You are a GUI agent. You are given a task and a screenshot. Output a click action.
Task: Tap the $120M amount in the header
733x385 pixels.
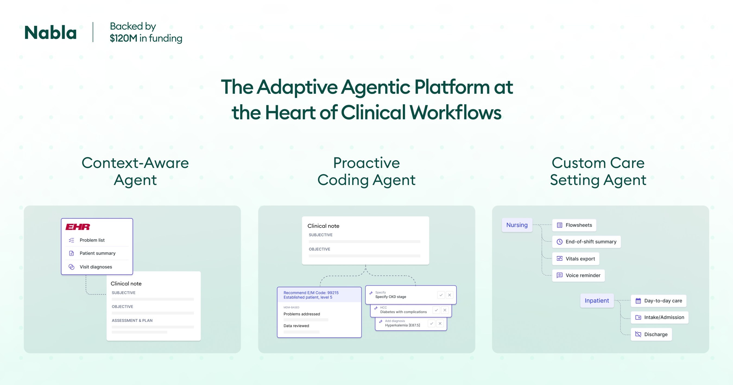click(x=124, y=38)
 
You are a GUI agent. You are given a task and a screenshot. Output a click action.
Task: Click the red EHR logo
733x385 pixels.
click(x=78, y=227)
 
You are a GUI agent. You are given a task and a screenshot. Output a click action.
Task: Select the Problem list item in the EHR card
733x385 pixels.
click(x=92, y=240)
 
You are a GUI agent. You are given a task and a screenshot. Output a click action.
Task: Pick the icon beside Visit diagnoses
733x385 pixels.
click(x=71, y=267)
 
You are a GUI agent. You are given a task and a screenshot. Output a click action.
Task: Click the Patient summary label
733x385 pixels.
click(x=97, y=253)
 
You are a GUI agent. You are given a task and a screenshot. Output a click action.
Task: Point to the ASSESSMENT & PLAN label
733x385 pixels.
click(x=132, y=320)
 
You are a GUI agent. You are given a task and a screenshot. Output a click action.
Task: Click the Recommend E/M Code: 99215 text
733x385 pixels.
click(x=311, y=292)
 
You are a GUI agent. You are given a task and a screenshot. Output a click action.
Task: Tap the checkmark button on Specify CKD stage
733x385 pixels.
click(x=441, y=295)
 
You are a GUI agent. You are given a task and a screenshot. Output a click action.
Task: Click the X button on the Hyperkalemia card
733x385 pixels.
click(x=440, y=324)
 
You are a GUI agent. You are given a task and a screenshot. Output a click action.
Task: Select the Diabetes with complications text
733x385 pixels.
click(x=403, y=312)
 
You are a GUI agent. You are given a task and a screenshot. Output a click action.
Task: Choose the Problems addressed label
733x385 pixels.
click(x=302, y=314)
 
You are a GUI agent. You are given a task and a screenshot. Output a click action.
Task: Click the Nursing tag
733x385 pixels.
click(x=517, y=225)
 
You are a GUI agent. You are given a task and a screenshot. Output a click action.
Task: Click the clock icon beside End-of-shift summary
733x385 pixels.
click(x=560, y=242)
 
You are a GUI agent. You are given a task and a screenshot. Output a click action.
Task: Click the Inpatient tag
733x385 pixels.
click(x=597, y=301)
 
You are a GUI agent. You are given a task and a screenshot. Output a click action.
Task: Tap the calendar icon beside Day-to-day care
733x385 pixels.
click(x=638, y=301)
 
